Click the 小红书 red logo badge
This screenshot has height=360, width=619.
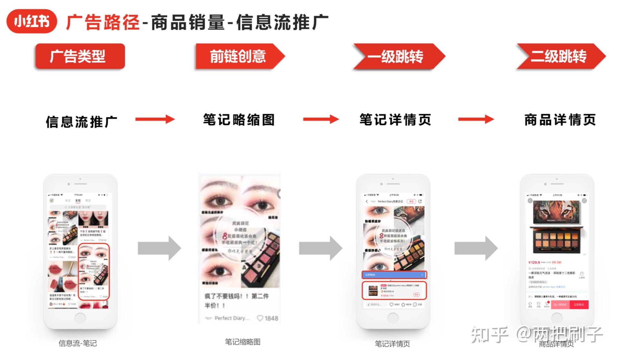pos(32,21)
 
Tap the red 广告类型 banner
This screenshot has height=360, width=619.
pos(80,56)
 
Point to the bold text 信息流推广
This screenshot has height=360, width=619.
pos(81,122)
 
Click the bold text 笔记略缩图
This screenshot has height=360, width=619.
pos(239,120)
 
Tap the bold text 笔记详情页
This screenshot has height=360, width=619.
pos(395,120)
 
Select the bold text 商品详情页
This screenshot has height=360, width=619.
pos(560,120)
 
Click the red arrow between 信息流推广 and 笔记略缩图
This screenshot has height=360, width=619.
pos(155,119)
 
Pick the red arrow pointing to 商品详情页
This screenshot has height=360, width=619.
pos(476,119)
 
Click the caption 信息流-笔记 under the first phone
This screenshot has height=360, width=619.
pos(78,343)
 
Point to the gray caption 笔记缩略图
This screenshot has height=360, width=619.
pos(242,342)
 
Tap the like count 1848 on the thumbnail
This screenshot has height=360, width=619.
pos(271,318)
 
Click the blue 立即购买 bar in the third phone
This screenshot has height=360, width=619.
pos(394,275)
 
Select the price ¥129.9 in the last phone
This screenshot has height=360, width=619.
pos(534,262)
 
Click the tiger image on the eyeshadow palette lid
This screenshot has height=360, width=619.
pos(557,212)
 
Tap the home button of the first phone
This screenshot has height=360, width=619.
pos(80,318)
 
